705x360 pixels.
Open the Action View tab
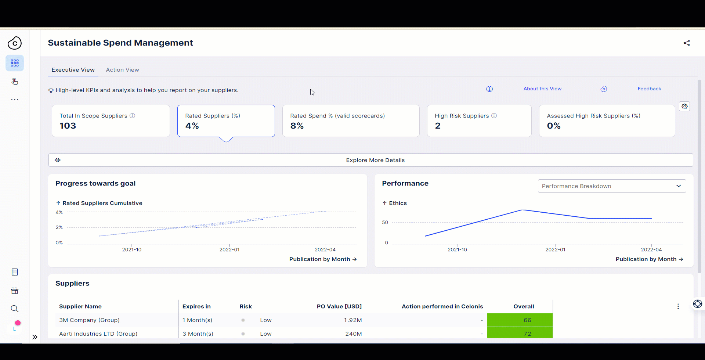click(122, 70)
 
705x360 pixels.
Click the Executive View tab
click(73, 70)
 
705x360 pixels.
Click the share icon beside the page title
click(686, 43)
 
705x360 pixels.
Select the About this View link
click(542, 89)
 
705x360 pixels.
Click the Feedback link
click(649, 89)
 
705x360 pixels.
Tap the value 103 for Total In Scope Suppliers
click(68, 126)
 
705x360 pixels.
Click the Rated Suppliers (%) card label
click(213, 116)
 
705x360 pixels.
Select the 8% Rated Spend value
click(297, 126)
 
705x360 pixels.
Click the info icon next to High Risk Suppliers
click(494, 116)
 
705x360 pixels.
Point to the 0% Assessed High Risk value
click(553, 126)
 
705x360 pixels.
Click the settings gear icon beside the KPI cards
click(684, 107)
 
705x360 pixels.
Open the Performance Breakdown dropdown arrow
click(678, 186)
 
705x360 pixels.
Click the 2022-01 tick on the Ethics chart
click(555, 249)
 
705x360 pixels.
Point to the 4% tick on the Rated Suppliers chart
click(59, 212)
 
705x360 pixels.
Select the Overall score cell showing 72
click(527, 334)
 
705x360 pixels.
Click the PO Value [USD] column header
click(339, 306)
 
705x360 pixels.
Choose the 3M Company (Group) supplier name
click(89, 320)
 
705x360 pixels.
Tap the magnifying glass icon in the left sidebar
click(15, 309)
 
